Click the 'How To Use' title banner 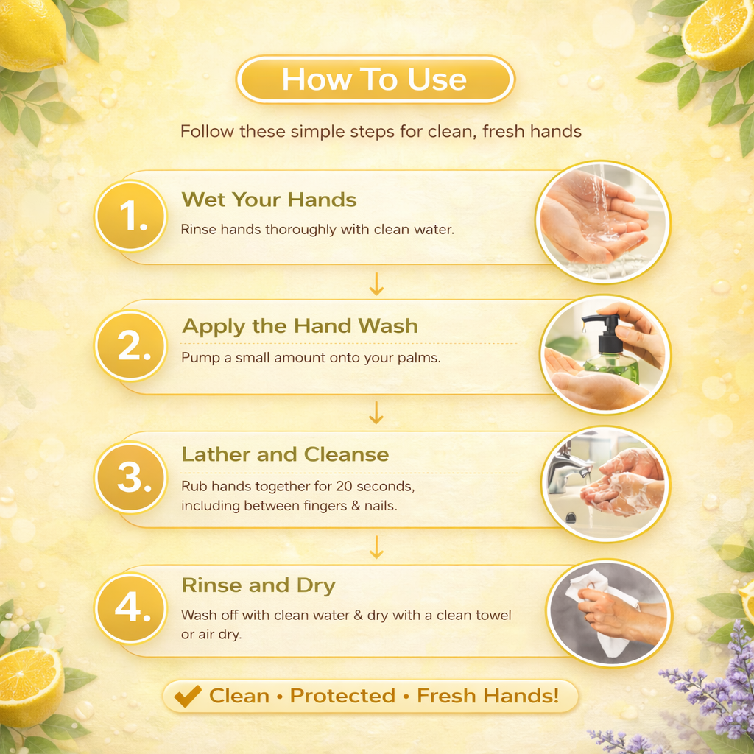pyautogui.click(x=375, y=80)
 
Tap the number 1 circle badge pyautogui.click(x=131, y=216)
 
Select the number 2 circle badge pyautogui.click(x=131, y=346)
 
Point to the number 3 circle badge pyautogui.click(x=131, y=477)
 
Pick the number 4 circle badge pyautogui.click(x=131, y=608)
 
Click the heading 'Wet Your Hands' pyautogui.click(x=269, y=200)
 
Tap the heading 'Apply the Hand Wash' pyautogui.click(x=300, y=326)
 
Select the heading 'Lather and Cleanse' pyautogui.click(x=285, y=454)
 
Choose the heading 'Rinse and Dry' pyautogui.click(x=258, y=585)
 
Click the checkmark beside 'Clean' pyautogui.click(x=188, y=696)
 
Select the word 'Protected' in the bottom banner pyautogui.click(x=342, y=696)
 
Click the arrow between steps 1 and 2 pyautogui.click(x=376, y=283)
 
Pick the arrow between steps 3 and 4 pyautogui.click(x=376, y=547)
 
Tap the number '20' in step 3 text pyautogui.click(x=345, y=486)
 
